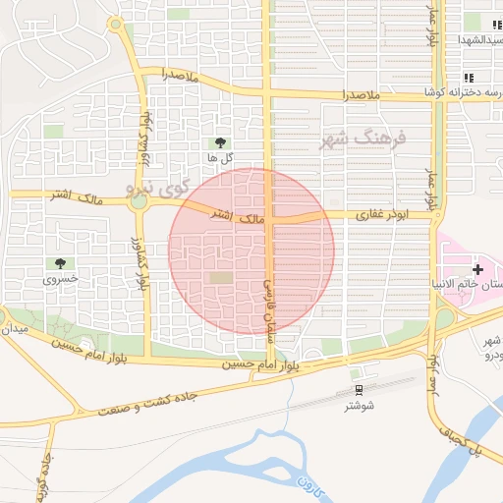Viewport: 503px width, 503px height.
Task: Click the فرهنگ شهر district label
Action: pos(362,139)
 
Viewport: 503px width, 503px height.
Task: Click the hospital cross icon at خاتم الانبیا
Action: pos(478,268)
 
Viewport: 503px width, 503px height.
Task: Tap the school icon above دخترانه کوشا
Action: pos(469,77)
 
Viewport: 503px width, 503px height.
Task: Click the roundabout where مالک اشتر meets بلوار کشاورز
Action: pos(139,201)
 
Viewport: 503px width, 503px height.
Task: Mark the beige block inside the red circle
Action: pos(222,278)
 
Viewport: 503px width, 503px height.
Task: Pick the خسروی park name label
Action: pos(57,280)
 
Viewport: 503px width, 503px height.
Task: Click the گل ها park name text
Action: pos(218,157)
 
